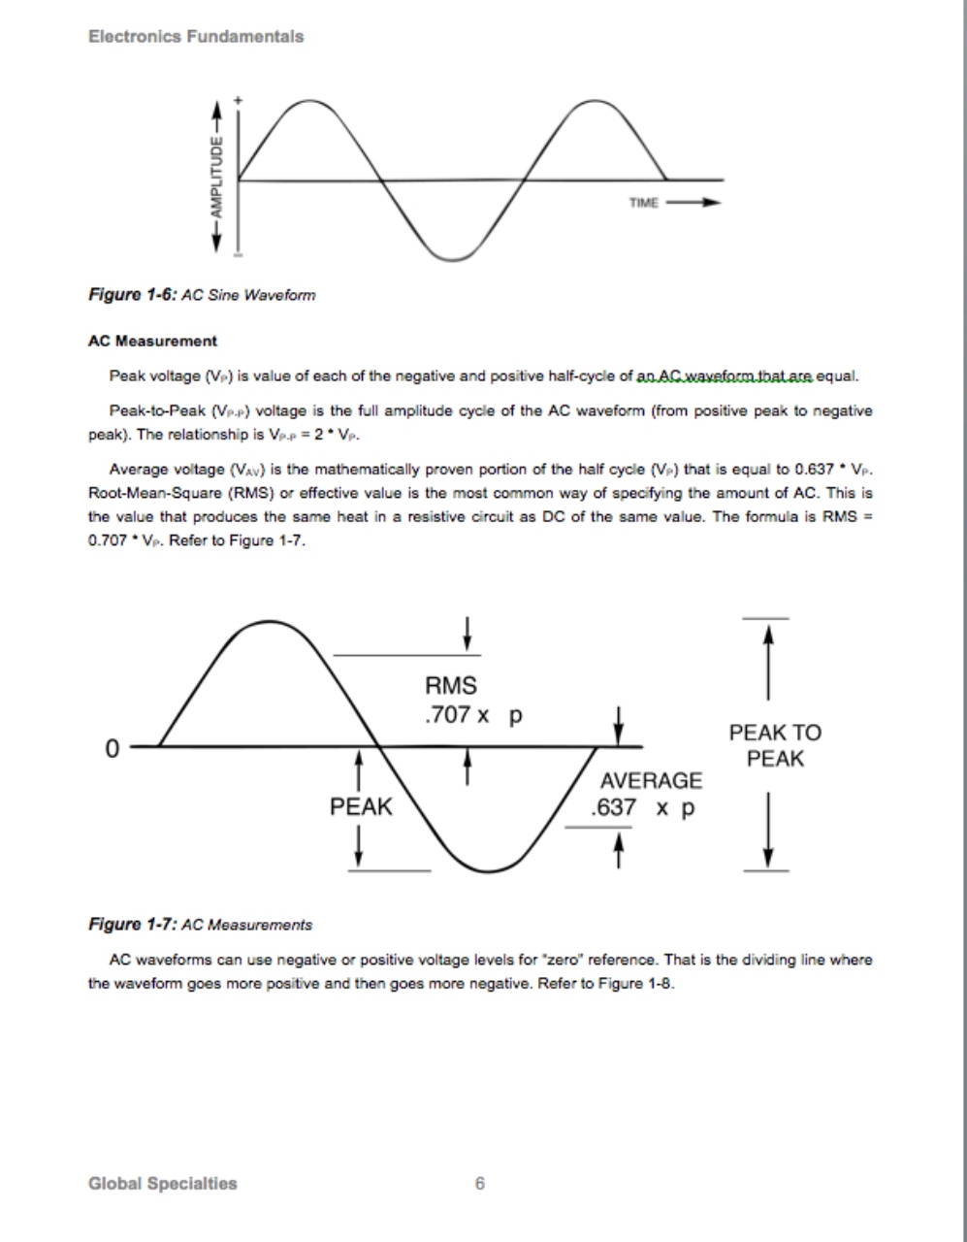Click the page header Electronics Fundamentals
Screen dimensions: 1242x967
click(196, 36)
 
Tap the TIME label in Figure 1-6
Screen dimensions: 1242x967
click(644, 203)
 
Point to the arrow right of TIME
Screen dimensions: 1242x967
click(695, 203)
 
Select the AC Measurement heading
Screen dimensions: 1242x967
click(152, 342)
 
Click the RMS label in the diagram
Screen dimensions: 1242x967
click(451, 686)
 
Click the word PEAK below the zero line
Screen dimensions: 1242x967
click(361, 806)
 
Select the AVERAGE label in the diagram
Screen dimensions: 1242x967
click(651, 781)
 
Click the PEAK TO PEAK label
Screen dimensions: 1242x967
click(775, 746)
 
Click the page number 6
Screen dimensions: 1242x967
click(480, 1183)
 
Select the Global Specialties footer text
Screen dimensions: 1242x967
click(162, 1183)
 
